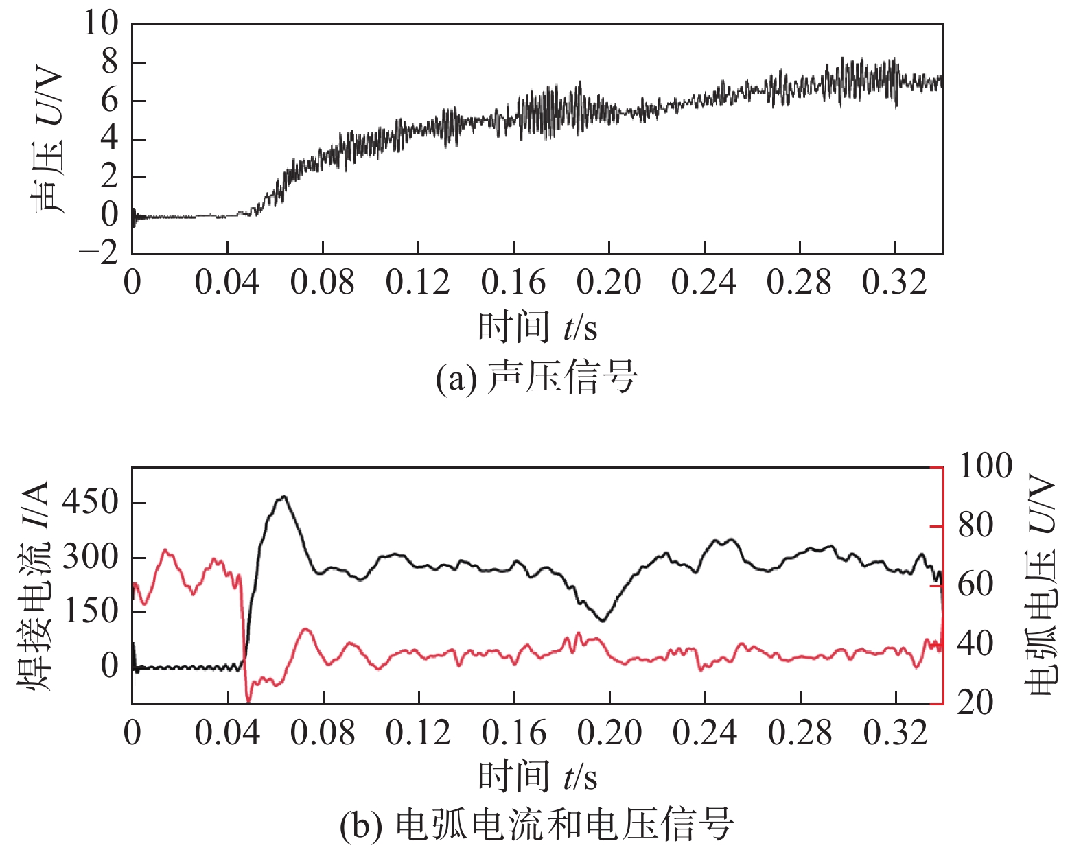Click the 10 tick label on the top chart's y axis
click(101, 24)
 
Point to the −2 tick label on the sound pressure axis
click(98, 254)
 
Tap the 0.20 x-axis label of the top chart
click(609, 283)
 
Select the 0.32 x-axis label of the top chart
click(894, 283)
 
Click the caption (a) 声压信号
click(537, 377)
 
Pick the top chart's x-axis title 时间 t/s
click(537, 327)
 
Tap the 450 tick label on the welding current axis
click(90, 502)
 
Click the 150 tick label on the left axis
click(90, 611)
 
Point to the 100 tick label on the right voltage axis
click(985, 466)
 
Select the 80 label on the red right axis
click(975, 526)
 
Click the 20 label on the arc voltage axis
click(975, 703)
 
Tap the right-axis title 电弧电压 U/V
click(1041, 585)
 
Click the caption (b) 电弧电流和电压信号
click(537, 825)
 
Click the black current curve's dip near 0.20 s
click(603, 621)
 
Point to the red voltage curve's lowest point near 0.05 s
click(248, 701)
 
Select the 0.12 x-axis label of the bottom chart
click(418, 733)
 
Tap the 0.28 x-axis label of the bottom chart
click(800, 733)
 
